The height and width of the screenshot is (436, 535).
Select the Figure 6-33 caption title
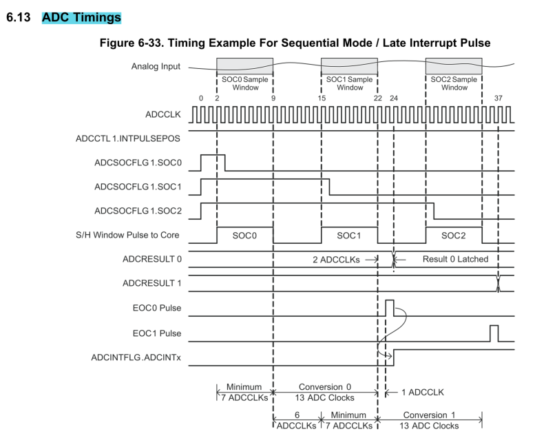(295, 43)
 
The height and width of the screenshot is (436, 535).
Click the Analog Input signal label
(156, 67)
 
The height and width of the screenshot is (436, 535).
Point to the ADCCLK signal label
(161, 114)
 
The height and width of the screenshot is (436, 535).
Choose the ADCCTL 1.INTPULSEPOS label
(127, 138)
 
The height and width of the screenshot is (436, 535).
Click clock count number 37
(499, 98)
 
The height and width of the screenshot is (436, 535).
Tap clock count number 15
(322, 98)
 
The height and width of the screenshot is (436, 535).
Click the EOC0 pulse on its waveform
(389, 307)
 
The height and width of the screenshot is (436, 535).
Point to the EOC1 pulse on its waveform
(494, 332)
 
